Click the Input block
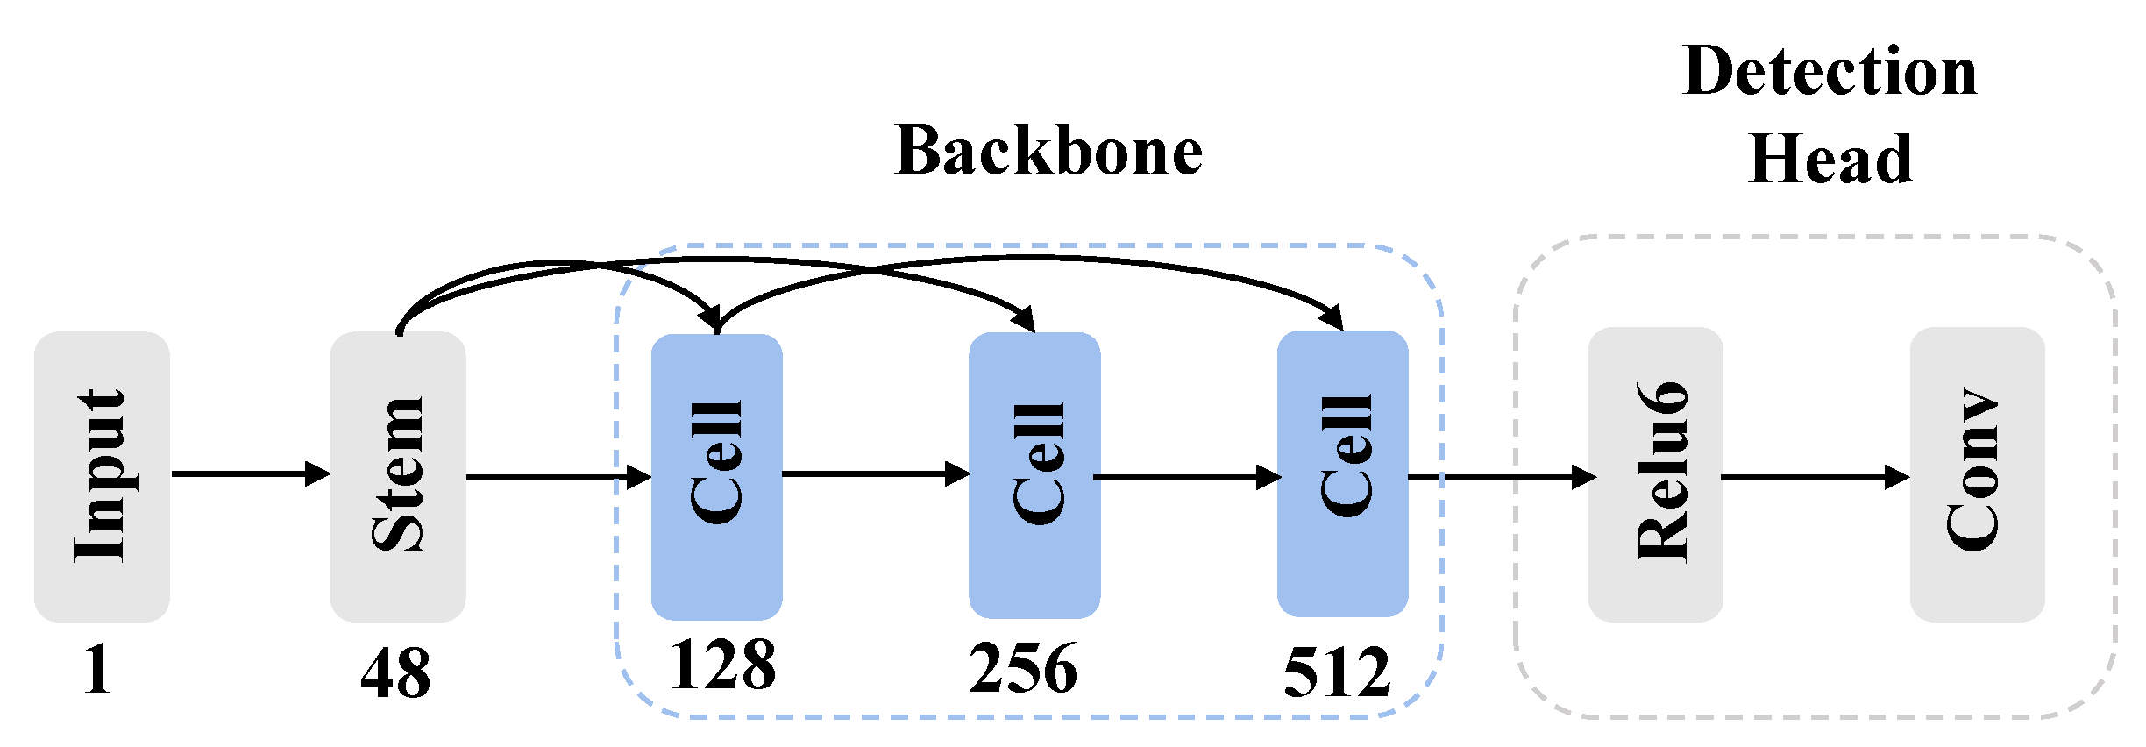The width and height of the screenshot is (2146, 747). click(x=102, y=476)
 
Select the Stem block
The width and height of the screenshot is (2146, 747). click(x=398, y=476)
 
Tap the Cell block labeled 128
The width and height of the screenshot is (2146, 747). click(x=717, y=476)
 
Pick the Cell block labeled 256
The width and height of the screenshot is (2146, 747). click(x=1034, y=476)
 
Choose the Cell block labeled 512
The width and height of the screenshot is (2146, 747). click(x=1343, y=473)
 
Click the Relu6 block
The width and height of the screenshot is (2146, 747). click(x=1656, y=474)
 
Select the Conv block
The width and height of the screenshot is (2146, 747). click(x=1978, y=474)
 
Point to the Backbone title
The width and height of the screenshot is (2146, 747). click(x=1048, y=152)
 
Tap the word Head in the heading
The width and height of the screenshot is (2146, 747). click(x=1830, y=160)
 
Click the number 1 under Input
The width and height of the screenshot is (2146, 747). click(x=97, y=670)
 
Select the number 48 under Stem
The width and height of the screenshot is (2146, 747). click(x=395, y=673)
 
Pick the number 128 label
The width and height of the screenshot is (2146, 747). click(x=722, y=665)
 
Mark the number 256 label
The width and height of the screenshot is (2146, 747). click(x=1022, y=669)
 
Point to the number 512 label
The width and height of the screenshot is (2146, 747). click(x=1337, y=672)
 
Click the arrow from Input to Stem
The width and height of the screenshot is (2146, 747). click(x=250, y=474)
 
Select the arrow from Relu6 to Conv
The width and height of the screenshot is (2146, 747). click(x=1815, y=478)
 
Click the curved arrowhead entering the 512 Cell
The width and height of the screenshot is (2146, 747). click(x=1333, y=317)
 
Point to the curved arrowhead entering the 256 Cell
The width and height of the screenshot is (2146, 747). click(x=1025, y=319)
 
